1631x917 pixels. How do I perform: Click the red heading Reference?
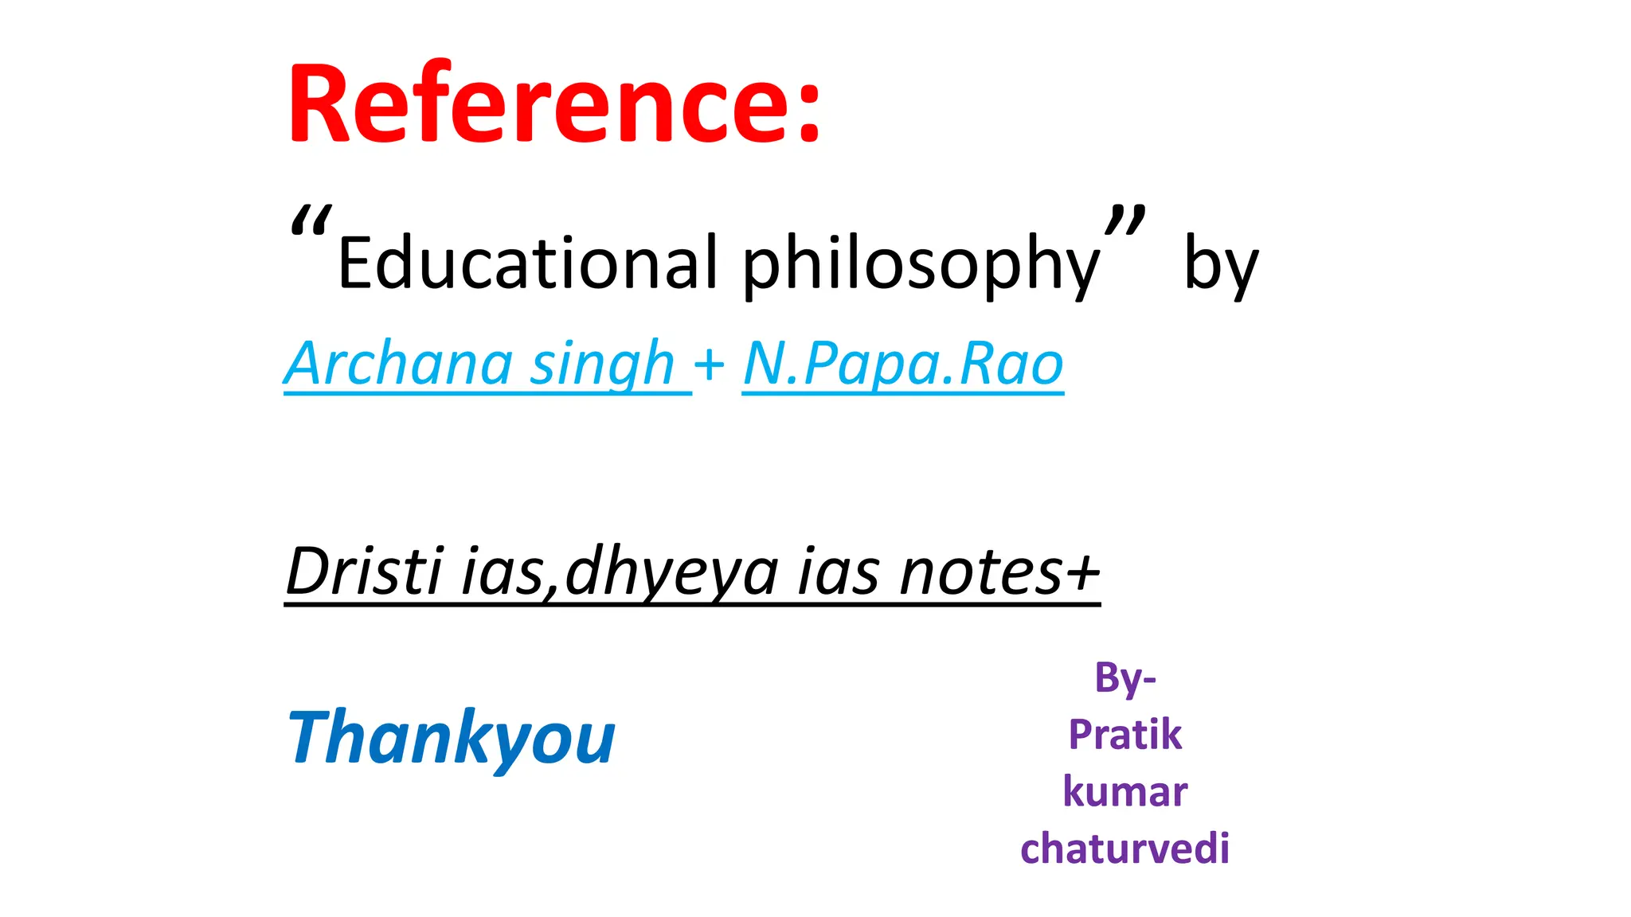tap(553, 103)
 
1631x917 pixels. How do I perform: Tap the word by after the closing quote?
tap(1221, 264)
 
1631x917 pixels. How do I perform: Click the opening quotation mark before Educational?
tap(310, 222)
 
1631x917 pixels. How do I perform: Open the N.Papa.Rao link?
tap(902, 364)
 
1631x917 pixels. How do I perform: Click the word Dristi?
tap(363, 571)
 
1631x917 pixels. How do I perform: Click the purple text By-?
tap(1124, 678)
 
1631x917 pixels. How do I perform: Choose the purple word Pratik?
tap(1124, 734)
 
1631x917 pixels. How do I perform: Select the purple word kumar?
tap(1124, 792)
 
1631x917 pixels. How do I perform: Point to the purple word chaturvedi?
tap(1124, 849)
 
